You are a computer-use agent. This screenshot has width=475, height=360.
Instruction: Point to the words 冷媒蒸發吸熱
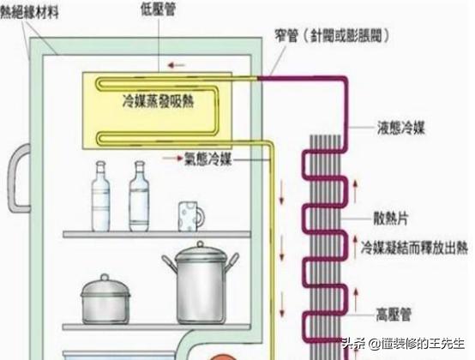(158, 100)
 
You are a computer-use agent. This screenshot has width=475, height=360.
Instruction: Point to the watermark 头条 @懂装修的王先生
(406, 345)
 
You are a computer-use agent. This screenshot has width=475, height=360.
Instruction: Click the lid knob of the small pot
(105, 277)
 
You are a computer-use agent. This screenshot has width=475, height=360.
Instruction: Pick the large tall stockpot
(200, 286)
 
